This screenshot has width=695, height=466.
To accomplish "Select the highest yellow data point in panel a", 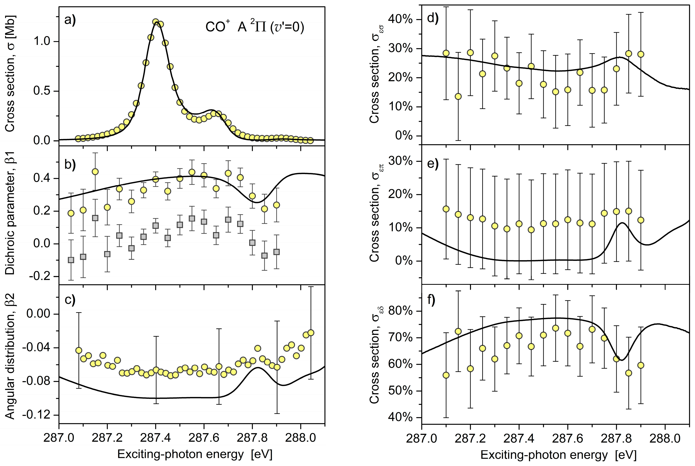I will click(x=155, y=22).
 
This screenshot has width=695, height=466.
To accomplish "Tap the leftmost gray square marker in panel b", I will click(x=71, y=260).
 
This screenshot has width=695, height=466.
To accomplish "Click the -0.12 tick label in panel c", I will click(x=36, y=415).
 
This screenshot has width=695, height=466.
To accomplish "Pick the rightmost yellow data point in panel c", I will click(x=311, y=333).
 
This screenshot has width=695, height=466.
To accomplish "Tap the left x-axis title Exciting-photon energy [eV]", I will click(x=195, y=454).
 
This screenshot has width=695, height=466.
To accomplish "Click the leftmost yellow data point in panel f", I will click(x=446, y=375).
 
